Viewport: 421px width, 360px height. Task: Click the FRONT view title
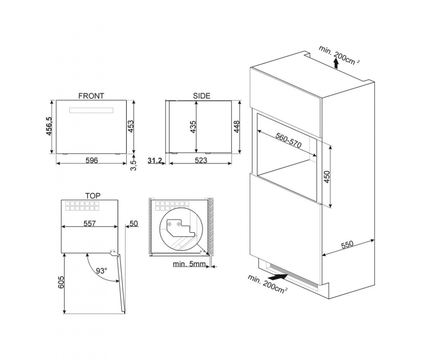[x=91, y=96]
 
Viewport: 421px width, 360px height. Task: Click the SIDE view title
[x=201, y=96]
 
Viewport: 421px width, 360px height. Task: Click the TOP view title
[x=93, y=196]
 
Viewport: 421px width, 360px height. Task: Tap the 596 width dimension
[x=92, y=160]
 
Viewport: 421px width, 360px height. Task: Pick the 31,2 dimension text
[x=155, y=160]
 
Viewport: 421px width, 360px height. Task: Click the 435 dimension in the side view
[x=193, y=127]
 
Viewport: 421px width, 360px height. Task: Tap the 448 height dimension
[x=237, y=127]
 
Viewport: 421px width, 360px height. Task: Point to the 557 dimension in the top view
[x=89, y=223]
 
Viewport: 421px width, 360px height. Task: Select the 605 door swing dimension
[x=61, y=282]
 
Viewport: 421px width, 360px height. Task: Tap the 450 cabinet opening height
[x=327, y=177]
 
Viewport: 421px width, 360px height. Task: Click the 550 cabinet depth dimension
[x=347, y=245]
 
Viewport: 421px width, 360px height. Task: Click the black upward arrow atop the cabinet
[x=336, y=64]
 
